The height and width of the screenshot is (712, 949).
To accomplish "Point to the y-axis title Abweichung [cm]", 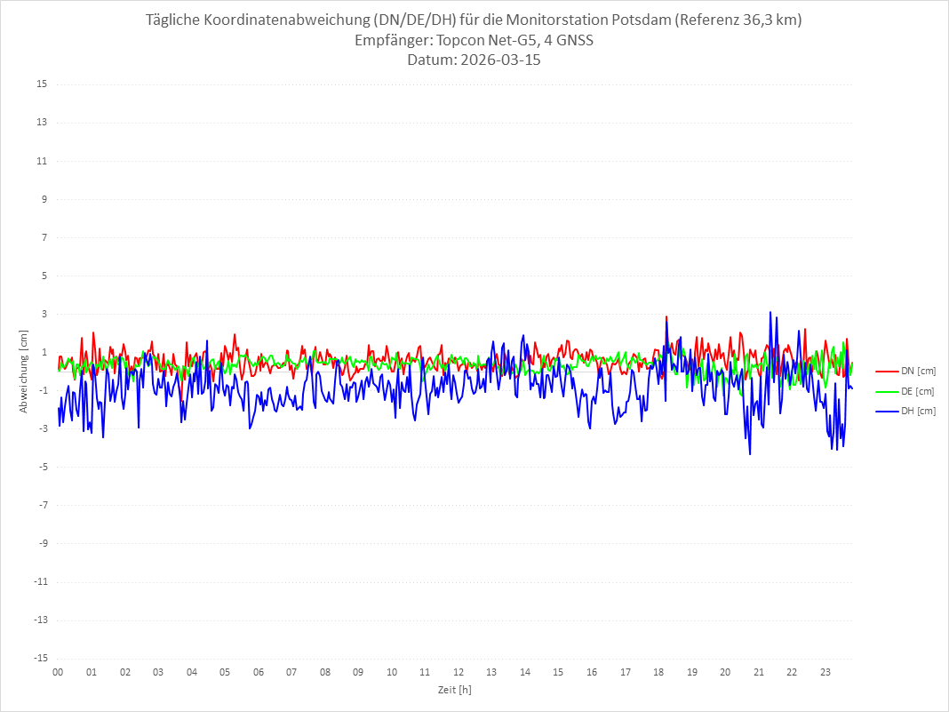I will click(24, 372).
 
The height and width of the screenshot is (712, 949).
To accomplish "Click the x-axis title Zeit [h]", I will click(454, 689).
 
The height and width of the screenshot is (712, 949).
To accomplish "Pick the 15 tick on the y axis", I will click(41, 84).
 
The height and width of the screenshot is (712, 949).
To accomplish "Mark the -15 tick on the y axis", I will click(39, 658).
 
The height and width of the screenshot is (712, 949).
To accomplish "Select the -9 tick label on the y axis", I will click(41, 543).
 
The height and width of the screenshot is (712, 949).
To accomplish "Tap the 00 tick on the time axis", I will click(58, 672).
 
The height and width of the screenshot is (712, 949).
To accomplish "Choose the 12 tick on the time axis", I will click(459, 672).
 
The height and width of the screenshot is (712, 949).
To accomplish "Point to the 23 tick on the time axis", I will click(825, 672).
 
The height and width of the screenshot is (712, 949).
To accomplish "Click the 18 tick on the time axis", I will click(658, 672).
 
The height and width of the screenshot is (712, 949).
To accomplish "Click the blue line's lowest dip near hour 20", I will click(750, 454).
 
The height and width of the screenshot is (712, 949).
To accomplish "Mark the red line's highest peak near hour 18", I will click(666, 316).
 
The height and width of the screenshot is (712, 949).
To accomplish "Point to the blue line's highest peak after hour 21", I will click(770, 312).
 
